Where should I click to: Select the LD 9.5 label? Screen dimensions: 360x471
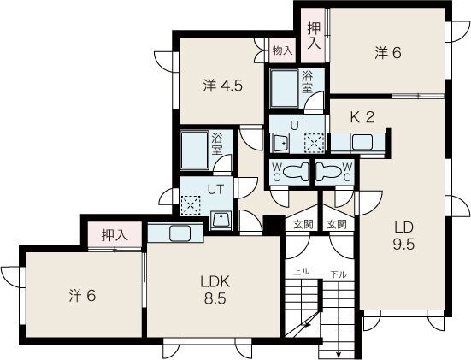[x=404, y=235]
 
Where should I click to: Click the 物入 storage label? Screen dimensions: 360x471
[x=281, y=50]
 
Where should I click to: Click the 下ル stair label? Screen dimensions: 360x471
[x=339, y=274]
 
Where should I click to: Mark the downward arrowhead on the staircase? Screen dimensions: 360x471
[x=339, y=354]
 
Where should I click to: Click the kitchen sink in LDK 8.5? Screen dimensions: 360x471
[x=179, y=233]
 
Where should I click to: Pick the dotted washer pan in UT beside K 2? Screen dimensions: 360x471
[x=314, y=142]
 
